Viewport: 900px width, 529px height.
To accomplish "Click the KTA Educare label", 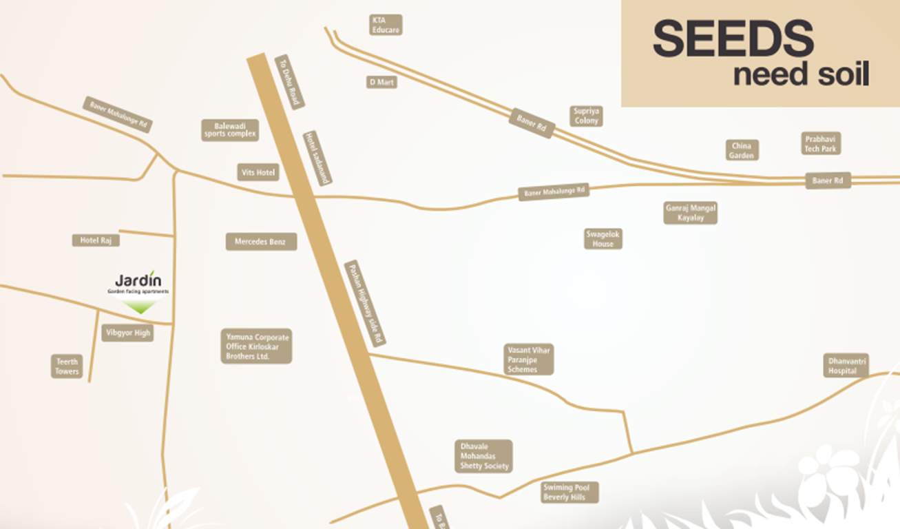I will tap(386, 25).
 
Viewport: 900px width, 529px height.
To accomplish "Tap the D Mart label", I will tap(381, 82).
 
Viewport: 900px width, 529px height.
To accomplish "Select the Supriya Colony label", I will tap(586, 116).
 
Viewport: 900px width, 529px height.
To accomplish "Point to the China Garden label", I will tap(742, 150).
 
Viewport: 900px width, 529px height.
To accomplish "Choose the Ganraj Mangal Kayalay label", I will tap(690, 212).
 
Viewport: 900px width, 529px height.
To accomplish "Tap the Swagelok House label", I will tap(603, 238).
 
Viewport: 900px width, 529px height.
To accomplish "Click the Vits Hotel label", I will tap(258, 172).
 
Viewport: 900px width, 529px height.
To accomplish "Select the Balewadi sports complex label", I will tap(230, 129).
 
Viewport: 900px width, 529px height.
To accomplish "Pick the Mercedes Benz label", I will tap(261, 242).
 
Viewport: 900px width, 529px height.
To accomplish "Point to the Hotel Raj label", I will tap(96, 240).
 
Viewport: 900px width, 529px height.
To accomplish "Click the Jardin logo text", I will tap(138, 280).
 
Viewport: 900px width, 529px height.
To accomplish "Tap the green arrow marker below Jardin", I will tap(141, 307).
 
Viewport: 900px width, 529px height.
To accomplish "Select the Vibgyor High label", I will tap(127, 333).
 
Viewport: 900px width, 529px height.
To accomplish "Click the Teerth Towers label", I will tap(67, 366).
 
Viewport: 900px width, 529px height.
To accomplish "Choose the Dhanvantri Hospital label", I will tap(846, 365).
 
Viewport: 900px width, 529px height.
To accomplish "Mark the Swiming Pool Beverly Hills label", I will tap(569, 492).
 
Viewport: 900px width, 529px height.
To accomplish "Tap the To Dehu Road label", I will tap(289, 82).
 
